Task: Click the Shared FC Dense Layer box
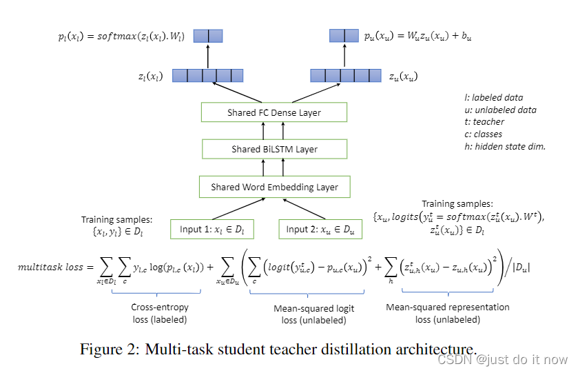(x=273, y=112)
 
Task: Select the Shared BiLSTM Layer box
(x=273, y=149)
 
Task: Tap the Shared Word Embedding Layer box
(x=273, y=186)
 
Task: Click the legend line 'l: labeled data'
(x=493, y=97)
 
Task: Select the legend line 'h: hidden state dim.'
(x=505, y=146)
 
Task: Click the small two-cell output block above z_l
(x=207, y=35)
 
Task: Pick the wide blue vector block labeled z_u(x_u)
(x=344, y=75)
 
